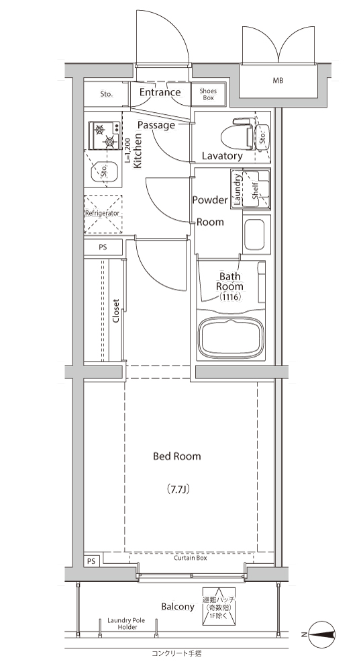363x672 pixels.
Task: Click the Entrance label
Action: click(x=160, y=93)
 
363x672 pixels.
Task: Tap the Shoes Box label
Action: click(x=208, y=94)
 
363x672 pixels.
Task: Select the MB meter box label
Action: click(x=278, y=81)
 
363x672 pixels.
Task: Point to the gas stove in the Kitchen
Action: click(x=105, y=136)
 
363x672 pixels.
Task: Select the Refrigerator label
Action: click(x=102, y=213)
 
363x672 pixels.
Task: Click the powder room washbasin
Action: click(x=255, y=235)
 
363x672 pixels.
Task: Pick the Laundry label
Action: click(x=237, y=189)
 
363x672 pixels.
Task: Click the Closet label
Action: click(x=115, y=310)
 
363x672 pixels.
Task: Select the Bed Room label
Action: click(x=176, y=456)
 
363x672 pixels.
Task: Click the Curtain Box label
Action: click(x=191, y=558)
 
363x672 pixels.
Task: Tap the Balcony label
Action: click(x=178, y=606)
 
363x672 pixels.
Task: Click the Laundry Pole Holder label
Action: click(x=126, y=624)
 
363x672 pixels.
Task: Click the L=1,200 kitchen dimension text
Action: click(x=127, y=151)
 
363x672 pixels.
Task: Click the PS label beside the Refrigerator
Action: click(x=103, y=247)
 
